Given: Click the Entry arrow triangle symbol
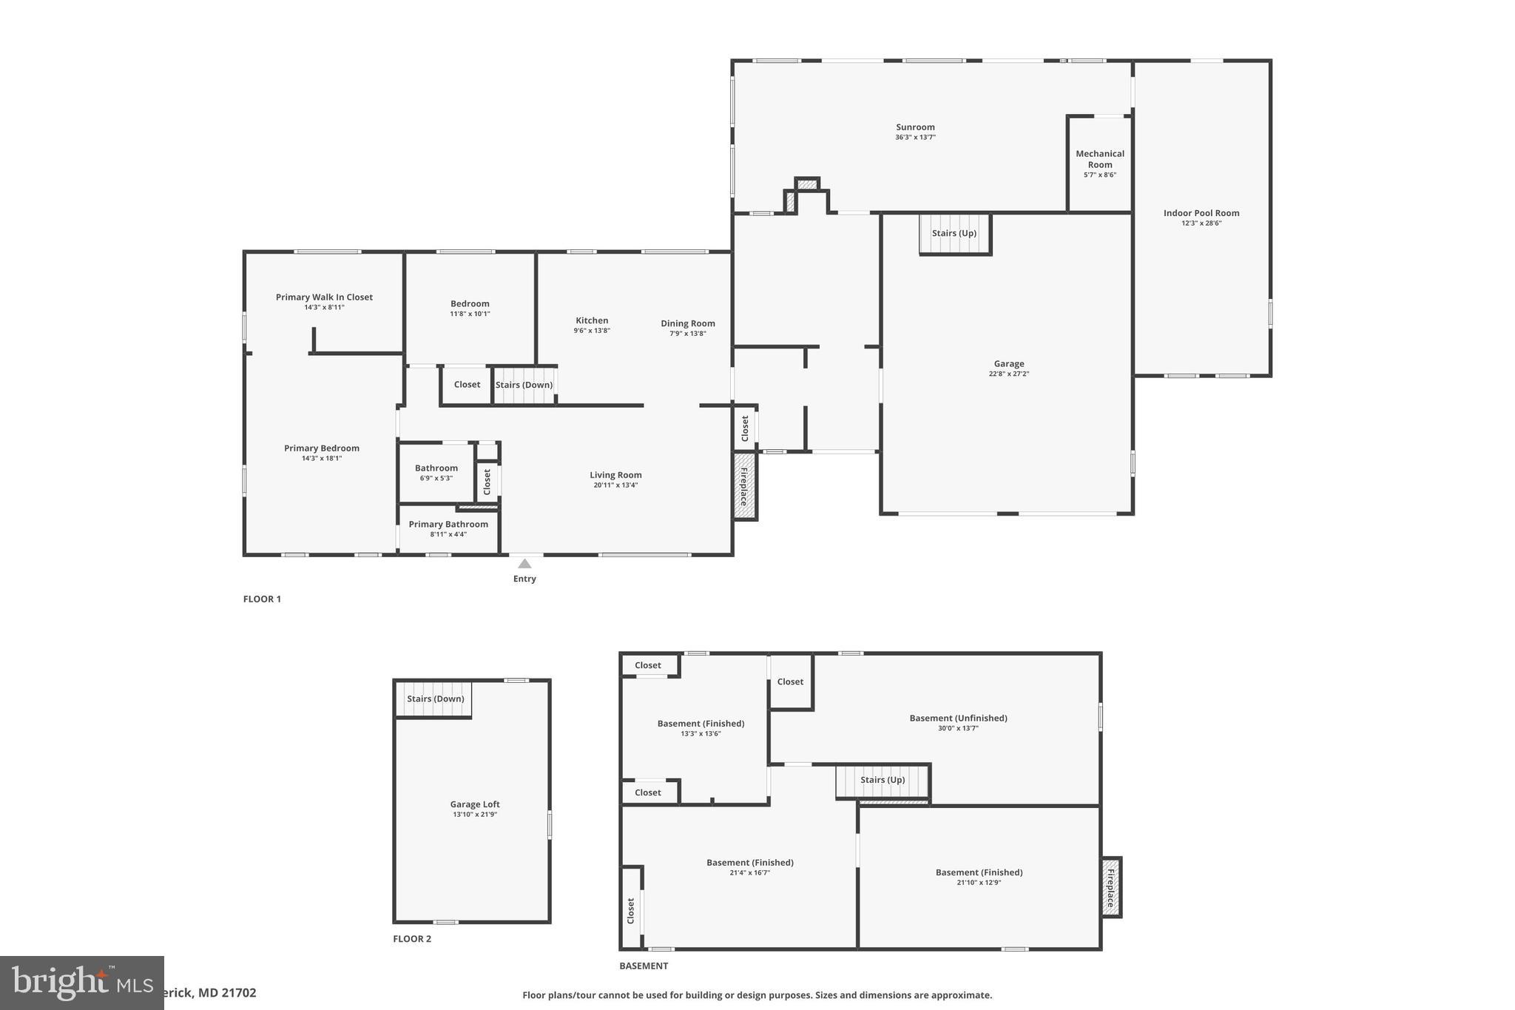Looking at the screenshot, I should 524,564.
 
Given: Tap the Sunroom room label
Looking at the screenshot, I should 915,127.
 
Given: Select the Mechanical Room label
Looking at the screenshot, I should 1099,159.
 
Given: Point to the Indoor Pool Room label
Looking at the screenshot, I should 1201,213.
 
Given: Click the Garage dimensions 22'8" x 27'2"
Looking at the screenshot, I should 1008,374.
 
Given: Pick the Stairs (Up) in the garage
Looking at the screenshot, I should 954,233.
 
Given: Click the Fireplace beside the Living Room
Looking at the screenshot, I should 744,486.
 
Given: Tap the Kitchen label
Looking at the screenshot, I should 592,320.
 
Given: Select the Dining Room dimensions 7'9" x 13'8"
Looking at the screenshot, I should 687,334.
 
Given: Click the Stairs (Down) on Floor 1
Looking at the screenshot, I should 524,385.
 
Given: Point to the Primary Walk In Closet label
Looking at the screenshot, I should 324,297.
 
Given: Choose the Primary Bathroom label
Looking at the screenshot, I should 448,525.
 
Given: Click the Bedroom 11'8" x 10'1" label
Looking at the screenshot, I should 470,304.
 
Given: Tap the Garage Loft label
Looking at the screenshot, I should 475,804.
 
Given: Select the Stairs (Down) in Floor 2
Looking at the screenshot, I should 435,699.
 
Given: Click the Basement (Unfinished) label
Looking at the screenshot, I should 958,718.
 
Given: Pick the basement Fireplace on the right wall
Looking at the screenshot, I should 1110,887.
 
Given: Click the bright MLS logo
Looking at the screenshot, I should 81,983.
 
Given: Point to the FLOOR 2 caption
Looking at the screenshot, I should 412,939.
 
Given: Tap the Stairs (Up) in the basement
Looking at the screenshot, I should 883,780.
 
